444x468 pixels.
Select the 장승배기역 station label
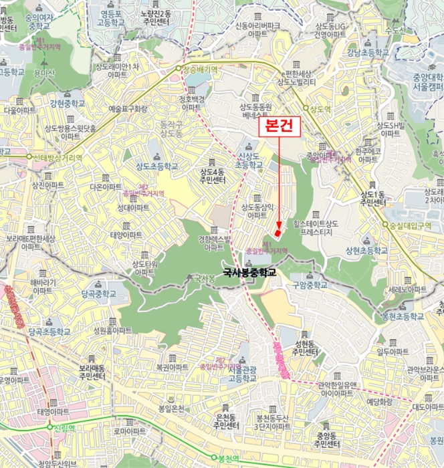pos(201,69)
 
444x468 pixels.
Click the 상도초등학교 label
pos(157,166)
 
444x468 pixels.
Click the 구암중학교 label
pos(311,285)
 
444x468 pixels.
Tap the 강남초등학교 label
pos(367,53)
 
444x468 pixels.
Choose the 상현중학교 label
pos(366,251)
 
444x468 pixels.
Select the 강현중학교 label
pos(68,104)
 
